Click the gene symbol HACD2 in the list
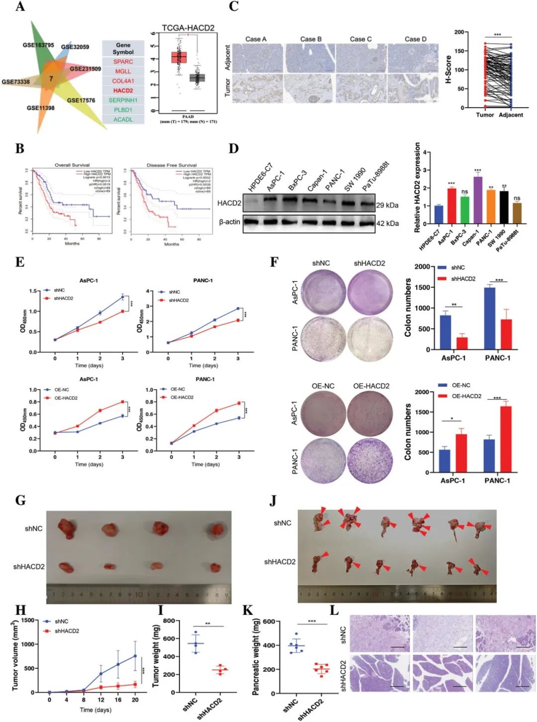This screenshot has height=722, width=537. tap(123, 91)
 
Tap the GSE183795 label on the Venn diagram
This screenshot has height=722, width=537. tap(38, 45)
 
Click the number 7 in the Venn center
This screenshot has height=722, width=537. tap(51, 79)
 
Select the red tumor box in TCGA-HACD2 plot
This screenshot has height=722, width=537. tap(179, 57)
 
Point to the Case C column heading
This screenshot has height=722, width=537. tap(360, 39)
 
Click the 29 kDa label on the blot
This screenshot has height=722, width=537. tap(387, 205)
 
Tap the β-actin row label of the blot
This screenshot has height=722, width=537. tap(229, 222)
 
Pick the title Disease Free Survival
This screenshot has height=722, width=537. tap(172, 165)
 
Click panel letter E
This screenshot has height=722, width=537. tap(20, 262)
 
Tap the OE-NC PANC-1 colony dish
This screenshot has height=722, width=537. tap(323, 461)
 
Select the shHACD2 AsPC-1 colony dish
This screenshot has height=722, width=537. tap(369, 292)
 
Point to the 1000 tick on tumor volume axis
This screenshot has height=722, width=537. tap(28, 644)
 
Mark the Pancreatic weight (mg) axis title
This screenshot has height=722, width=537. tap(256, 657)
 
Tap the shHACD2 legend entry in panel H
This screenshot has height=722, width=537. tap(67, 631)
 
